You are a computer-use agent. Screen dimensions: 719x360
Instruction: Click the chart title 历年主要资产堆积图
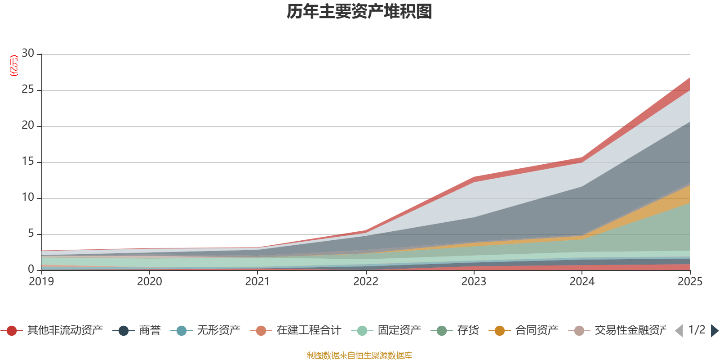pyautogui.click(x=359, y=12)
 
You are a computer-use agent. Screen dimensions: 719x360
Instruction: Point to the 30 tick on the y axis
pyautogui.click(x=28, y=53)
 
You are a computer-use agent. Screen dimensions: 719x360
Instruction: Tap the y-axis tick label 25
pyautogui.click(x=28, y=89)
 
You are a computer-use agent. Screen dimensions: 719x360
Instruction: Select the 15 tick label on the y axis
pyautogui.click(x=28, y=161)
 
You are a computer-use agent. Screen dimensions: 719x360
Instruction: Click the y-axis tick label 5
pyautogui.click(x=31, y=233)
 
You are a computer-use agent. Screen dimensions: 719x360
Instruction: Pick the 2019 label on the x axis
pyautogui.click(x=41, y=282)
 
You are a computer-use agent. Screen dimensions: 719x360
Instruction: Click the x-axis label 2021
pyautogui.click(x=258, y=282)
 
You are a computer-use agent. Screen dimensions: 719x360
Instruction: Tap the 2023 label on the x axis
pyautogui.click(x=474, y=282)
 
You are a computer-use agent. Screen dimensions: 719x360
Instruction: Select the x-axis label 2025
pyautogui.click(x=690, y=282)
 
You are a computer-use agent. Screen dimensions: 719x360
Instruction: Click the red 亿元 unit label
pyautogui.click(x=14, y=66)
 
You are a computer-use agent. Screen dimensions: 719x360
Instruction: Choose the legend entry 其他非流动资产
pyautogui.click(x=52, y=330)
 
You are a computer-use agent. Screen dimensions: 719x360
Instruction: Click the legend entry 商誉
pyautogui.click(x=137, y=330)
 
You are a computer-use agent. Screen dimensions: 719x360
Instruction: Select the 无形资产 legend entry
pyautogui.click(x=205, y=330)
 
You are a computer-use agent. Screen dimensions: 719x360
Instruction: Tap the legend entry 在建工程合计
pyautogui.click(x=296, y=330)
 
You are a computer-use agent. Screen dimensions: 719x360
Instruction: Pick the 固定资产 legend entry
pyautogui.click(x=386, y=330)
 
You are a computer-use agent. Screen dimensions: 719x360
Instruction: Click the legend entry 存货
pyautogui.click(x=455, y=330)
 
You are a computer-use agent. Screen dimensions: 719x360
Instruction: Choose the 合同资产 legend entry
pyautogui.click(x=524, y=330)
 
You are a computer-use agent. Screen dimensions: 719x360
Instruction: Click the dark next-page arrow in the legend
pyautogui.click(x=714, y=331)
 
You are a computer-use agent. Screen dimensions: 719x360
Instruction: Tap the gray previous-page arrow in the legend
pyautogui.click(x=679, y=331)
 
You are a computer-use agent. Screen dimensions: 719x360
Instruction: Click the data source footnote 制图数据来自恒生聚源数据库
pyautogui.click(x=359, y=355)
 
